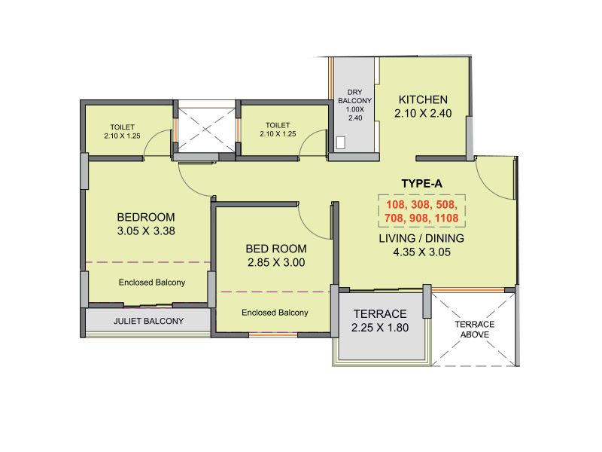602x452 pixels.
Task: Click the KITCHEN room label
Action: click(x=423, y=100)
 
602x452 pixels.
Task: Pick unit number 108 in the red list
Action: click(x=397, y=203)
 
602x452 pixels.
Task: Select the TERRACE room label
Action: click(x=379, y=314)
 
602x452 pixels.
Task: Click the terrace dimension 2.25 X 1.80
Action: click(x=379, y=328)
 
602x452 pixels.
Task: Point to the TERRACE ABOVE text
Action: click(x=474, y=328)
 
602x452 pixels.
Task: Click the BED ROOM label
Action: click(x=276, y=249)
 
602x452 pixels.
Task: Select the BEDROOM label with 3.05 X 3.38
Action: click(x=146, y=216)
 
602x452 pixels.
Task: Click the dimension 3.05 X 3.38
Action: click(x=146, y=231)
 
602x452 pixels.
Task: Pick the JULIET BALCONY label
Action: click(x=148, y=322)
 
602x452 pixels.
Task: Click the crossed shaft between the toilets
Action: click(x=205, y=130)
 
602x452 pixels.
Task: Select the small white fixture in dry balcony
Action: click(x=340, y=142)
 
